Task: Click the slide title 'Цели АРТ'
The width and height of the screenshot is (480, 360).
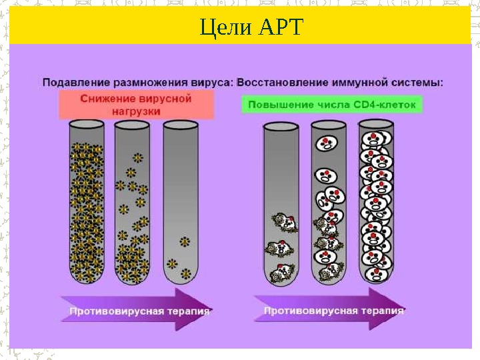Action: (251, 27)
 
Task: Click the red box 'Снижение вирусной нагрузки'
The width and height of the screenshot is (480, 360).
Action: (136, 105)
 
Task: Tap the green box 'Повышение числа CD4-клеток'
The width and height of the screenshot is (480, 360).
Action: (331, 105)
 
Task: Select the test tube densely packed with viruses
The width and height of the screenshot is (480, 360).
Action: (87, 203)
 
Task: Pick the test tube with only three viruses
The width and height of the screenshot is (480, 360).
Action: (180, 203)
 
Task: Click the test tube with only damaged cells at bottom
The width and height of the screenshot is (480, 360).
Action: (281, 203)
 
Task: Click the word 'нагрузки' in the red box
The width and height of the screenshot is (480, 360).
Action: (136, 112)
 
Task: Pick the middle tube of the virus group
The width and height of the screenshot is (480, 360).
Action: (133, 203)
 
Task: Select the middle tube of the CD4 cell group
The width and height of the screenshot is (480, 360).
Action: (329, 203)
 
